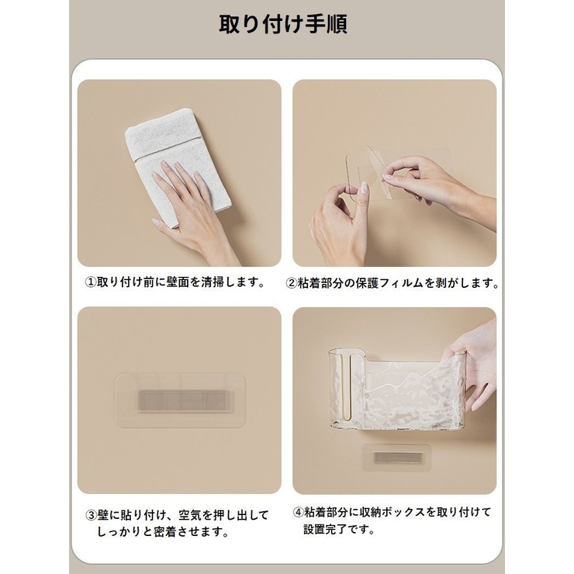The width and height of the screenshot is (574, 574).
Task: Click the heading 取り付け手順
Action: point(283,25)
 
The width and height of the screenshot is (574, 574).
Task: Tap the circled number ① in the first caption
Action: point(91,282)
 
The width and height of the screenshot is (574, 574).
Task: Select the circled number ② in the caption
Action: point(291,283)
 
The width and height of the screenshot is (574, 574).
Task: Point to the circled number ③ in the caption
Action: point(91,516)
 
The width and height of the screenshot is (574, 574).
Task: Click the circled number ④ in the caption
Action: point(299,512)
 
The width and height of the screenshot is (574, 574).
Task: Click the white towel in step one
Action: point(178,162)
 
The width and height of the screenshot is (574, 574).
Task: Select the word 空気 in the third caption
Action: point(190,516)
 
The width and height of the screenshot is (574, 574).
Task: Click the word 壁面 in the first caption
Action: point(178,282)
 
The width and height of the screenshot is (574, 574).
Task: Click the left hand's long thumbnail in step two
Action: point(365,188)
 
